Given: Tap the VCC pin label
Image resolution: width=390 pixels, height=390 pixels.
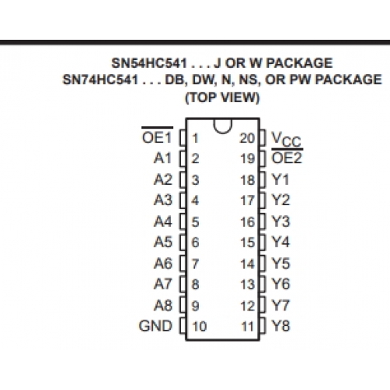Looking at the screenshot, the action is [x=286, y=140].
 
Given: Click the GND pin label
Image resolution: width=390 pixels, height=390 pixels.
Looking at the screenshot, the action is [x=155, y=326].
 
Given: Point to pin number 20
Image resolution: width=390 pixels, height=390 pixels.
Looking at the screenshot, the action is [x=247, y=138].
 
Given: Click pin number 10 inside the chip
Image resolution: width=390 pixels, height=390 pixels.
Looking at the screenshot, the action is [x=200, y=326].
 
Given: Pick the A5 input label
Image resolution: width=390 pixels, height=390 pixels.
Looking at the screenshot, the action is [x=163, y=243].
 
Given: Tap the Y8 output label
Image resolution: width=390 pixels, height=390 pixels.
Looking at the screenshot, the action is [x=281, y=326].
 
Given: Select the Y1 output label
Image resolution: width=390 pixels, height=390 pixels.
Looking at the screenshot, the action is [x=280, y=179].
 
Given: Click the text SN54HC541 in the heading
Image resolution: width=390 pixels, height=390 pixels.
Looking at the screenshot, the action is [x=149, y=63].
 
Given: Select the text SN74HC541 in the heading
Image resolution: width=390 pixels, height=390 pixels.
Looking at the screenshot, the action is [x=100, y=80].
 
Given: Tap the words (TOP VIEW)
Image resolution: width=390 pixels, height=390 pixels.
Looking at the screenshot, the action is [x=222, y=97].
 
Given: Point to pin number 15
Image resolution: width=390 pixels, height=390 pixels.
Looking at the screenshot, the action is [x=247, y=243].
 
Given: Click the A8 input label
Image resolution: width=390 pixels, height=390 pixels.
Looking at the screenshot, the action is [x=163, y=305].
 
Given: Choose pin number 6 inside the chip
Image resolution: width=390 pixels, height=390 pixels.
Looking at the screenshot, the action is [x=196, y=243].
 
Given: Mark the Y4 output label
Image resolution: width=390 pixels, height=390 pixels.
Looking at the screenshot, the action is [x=281, y=243].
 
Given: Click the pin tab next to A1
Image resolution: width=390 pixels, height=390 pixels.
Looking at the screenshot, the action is [x=183, y=158].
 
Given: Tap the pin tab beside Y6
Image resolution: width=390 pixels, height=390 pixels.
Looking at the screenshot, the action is [x=263, y=284].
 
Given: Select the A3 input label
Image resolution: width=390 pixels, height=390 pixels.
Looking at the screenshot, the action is [x=163, y=200].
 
